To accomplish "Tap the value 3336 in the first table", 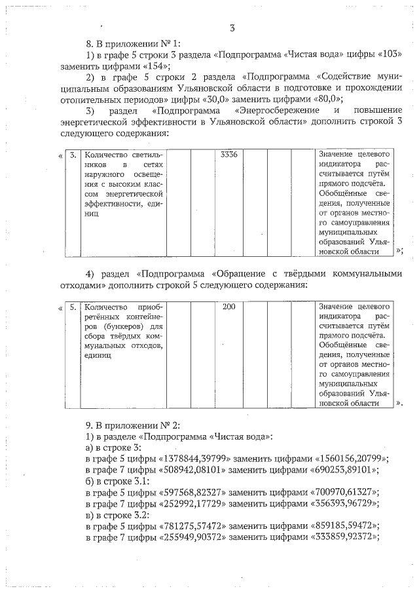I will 229,155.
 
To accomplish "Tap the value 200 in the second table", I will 229,307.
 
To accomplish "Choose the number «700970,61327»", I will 343,491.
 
